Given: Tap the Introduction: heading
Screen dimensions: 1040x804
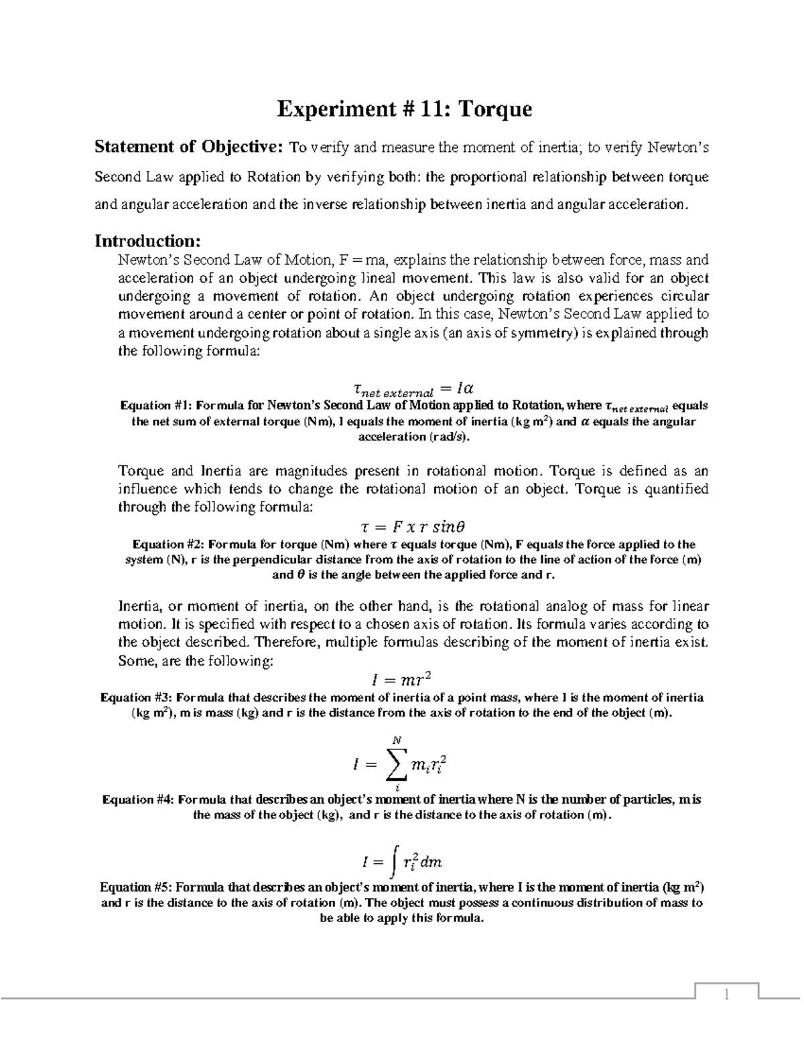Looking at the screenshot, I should click(x=147, y=240).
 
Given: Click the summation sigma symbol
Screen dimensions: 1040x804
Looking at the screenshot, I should click(x=396, y=765).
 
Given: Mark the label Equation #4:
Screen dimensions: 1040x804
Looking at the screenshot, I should click(x=137, y=800).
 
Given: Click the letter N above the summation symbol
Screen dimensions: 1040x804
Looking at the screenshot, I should click(x=396, y=740).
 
